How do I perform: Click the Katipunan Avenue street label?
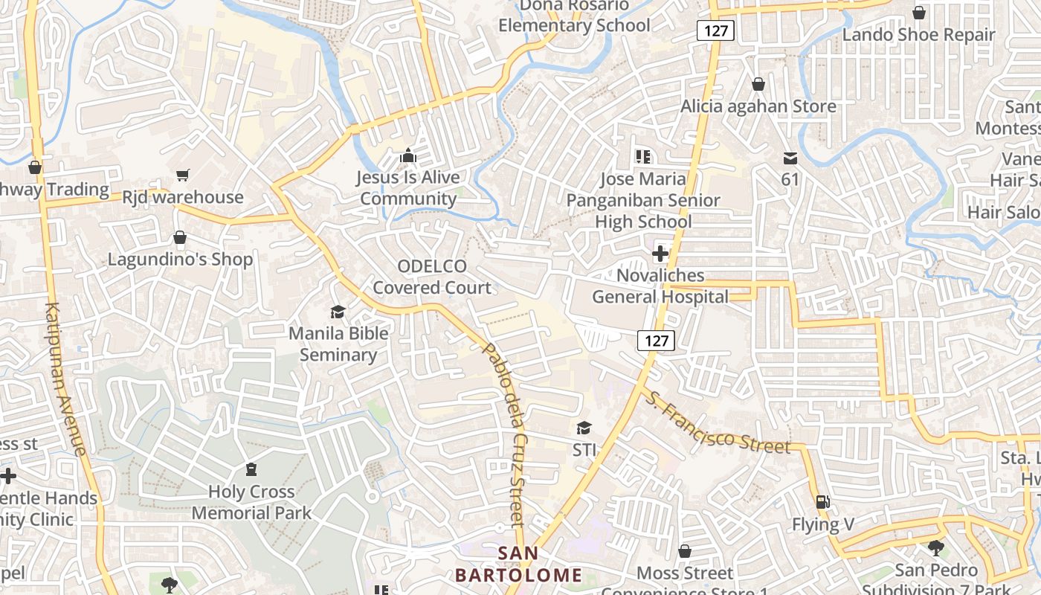click(x=66, y=379)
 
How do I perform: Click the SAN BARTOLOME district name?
click(x=518, y=565)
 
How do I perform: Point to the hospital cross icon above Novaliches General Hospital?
click(x=660, y=254)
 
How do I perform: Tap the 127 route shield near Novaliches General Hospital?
click(x=656, y=341)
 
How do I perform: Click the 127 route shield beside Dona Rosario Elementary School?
click(x=715, y=30)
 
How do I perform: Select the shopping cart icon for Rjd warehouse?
click(x=183, y=176)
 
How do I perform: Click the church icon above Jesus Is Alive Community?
click(x=407, y=156)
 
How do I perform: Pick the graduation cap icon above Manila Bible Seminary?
click(x=338, y=312)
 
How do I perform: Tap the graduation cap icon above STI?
click(x=584, y=428)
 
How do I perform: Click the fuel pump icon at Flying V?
click(x=822, y=503)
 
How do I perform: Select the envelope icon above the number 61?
click(x=790, y=158)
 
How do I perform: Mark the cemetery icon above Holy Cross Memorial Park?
click(x=251, y=469)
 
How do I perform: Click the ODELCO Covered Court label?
click(x=432, y=277)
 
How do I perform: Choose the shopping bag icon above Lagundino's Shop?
click(x=179, y=238)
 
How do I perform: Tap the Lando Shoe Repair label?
click(x=918, y=35)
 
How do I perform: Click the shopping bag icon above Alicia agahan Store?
click(x=758, y=85)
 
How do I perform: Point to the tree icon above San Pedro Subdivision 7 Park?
click(x=935, y=548)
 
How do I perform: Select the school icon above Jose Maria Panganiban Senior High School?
click(x=643, y=157)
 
